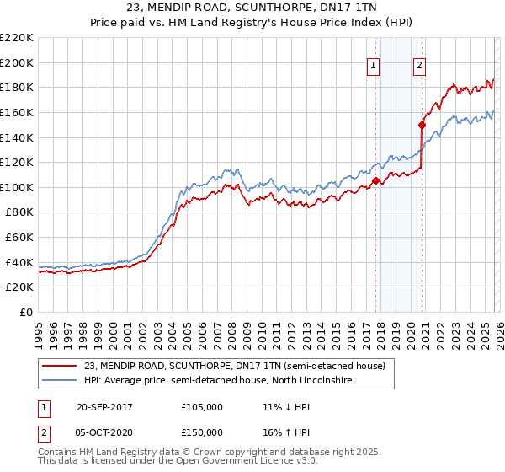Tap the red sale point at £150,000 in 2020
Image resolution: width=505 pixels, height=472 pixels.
tap(423, 125)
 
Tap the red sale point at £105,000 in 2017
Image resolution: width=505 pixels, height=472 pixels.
tap(376, 180)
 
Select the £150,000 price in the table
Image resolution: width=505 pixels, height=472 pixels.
tap(202, 432)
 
